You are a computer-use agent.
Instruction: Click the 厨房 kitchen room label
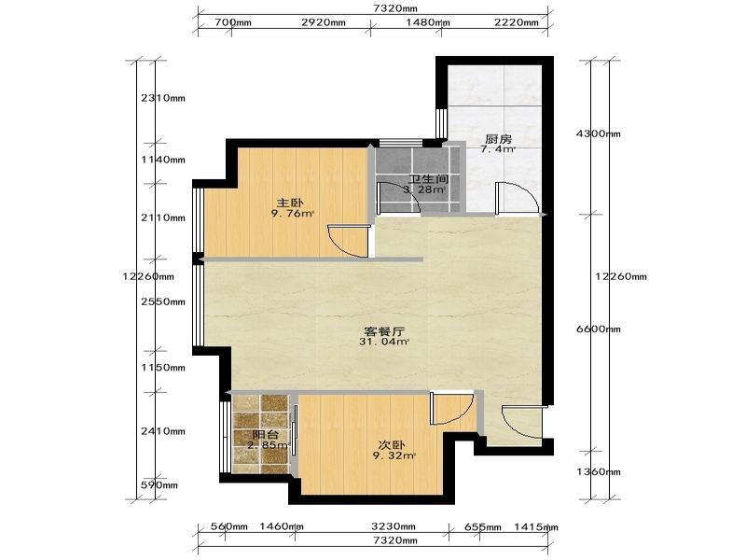(498, 139)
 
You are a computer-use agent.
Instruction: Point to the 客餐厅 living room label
(384, 331)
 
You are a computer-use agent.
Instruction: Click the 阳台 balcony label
(266, 435)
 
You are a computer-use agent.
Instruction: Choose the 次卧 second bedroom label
(391, 445)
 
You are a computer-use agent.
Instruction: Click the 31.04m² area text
(384, 342)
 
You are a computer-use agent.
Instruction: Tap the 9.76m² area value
(293, 214)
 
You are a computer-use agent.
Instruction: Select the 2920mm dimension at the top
(324, 22)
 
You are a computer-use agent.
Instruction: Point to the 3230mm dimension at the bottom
(393, 526)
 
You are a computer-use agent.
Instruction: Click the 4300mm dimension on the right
(599, 133)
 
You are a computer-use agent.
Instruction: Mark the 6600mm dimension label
(599, 329)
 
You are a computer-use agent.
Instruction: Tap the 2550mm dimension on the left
(163, 301)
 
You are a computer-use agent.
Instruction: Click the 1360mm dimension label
(599, 472)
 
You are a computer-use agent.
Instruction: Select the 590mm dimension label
(159, 485)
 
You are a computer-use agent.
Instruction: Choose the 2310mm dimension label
(163, 99)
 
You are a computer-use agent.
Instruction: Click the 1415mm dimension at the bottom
(536, 527)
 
